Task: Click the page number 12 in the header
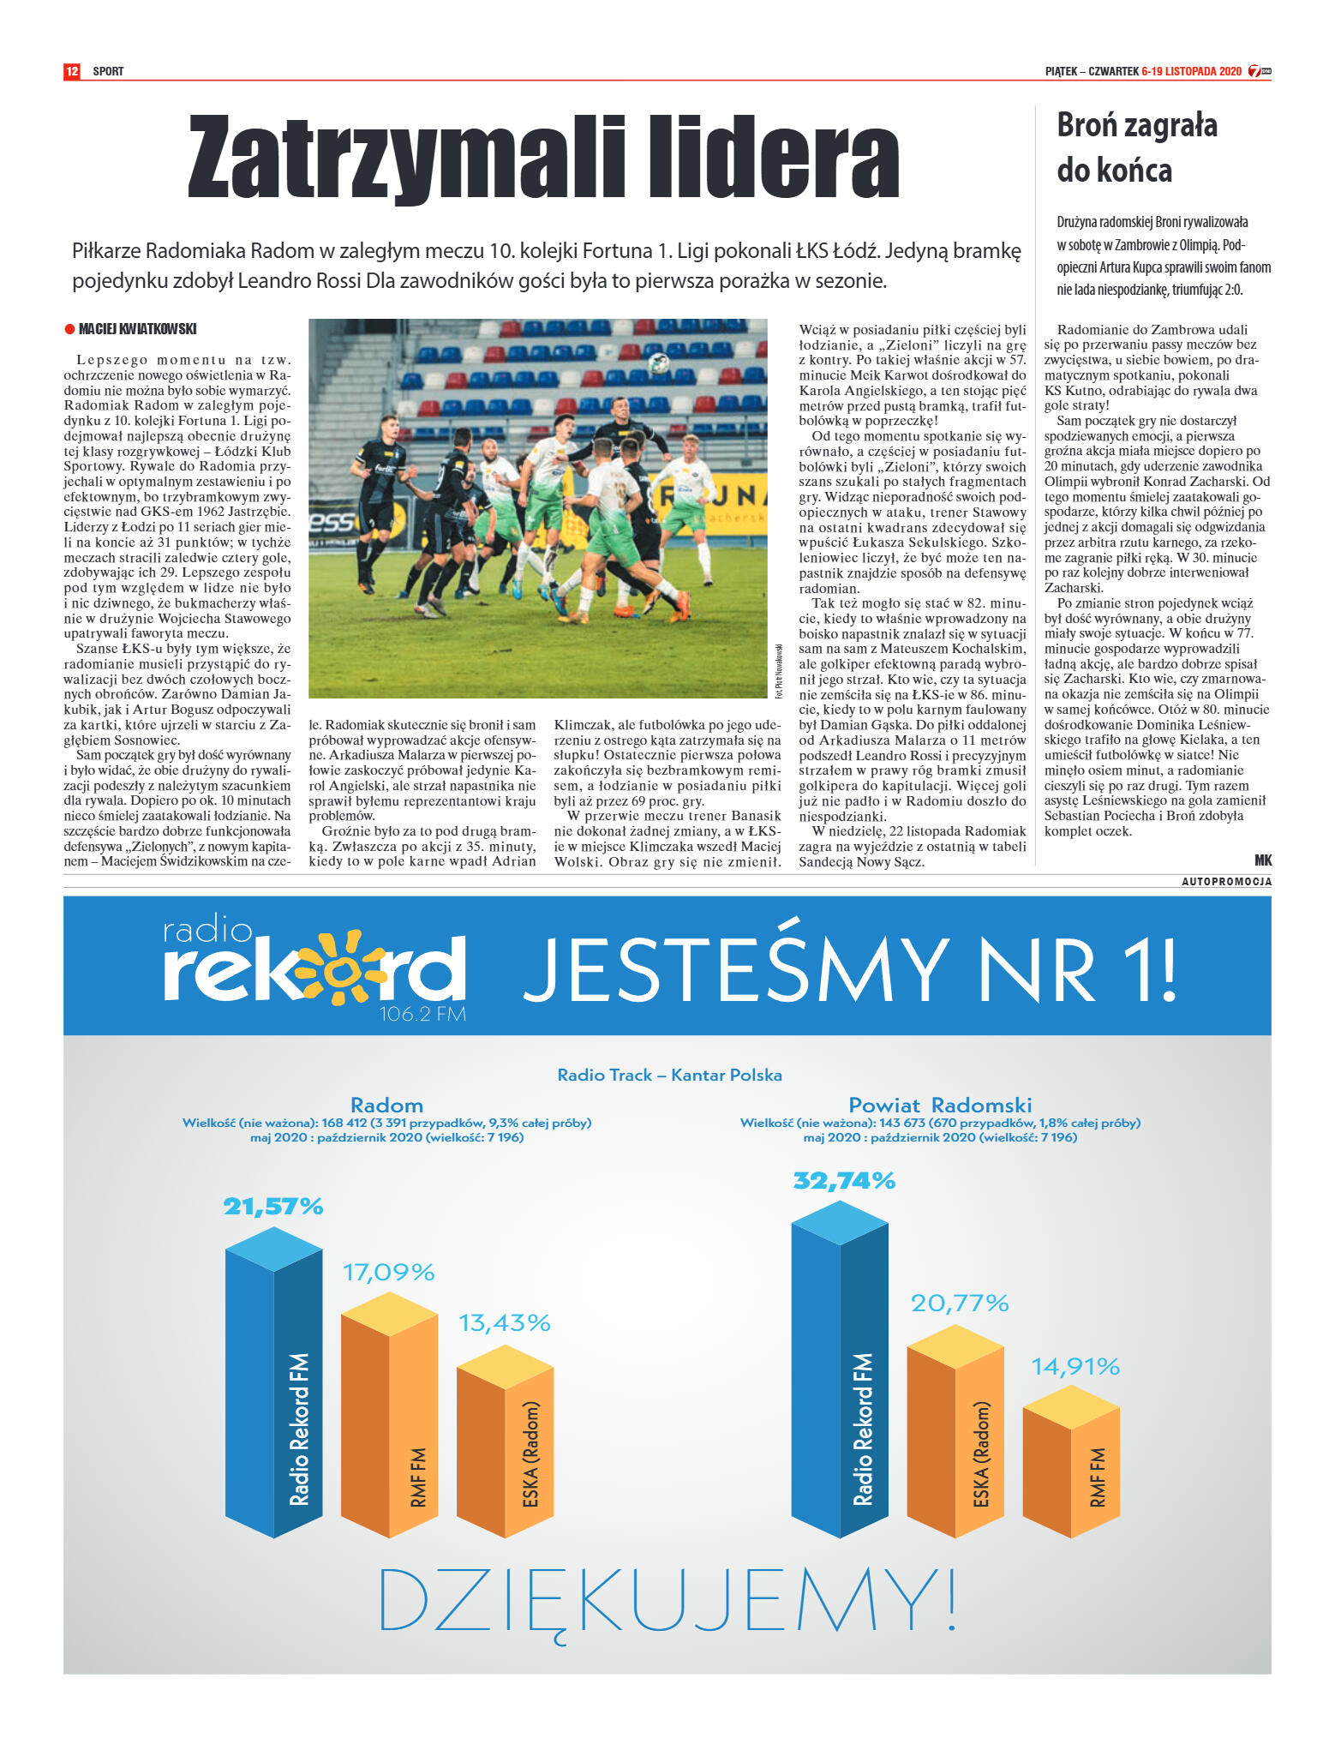[x=72, y=71]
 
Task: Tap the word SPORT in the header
[x=108, y=71]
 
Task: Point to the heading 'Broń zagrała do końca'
[x=1136, y=147]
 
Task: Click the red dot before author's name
[x=69, y=329]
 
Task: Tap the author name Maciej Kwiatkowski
[x=137, y=329]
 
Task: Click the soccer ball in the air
[x=658, y=363]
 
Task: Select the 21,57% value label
[x=273, y=1207]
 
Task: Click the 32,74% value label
[x=844, y=1181]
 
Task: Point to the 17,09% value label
[x=389, y=1272]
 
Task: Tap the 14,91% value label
[x=1075, y=1366]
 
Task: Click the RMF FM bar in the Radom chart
[x=390, y=1423]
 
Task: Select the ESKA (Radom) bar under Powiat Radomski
[x=955, y=1440]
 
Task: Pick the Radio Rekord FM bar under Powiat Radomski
[x=840, y=1388]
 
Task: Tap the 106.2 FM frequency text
[x=422, y=1015]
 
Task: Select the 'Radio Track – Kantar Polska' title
[x=669, y=1075]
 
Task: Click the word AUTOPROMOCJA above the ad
[x=1226, y=882]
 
